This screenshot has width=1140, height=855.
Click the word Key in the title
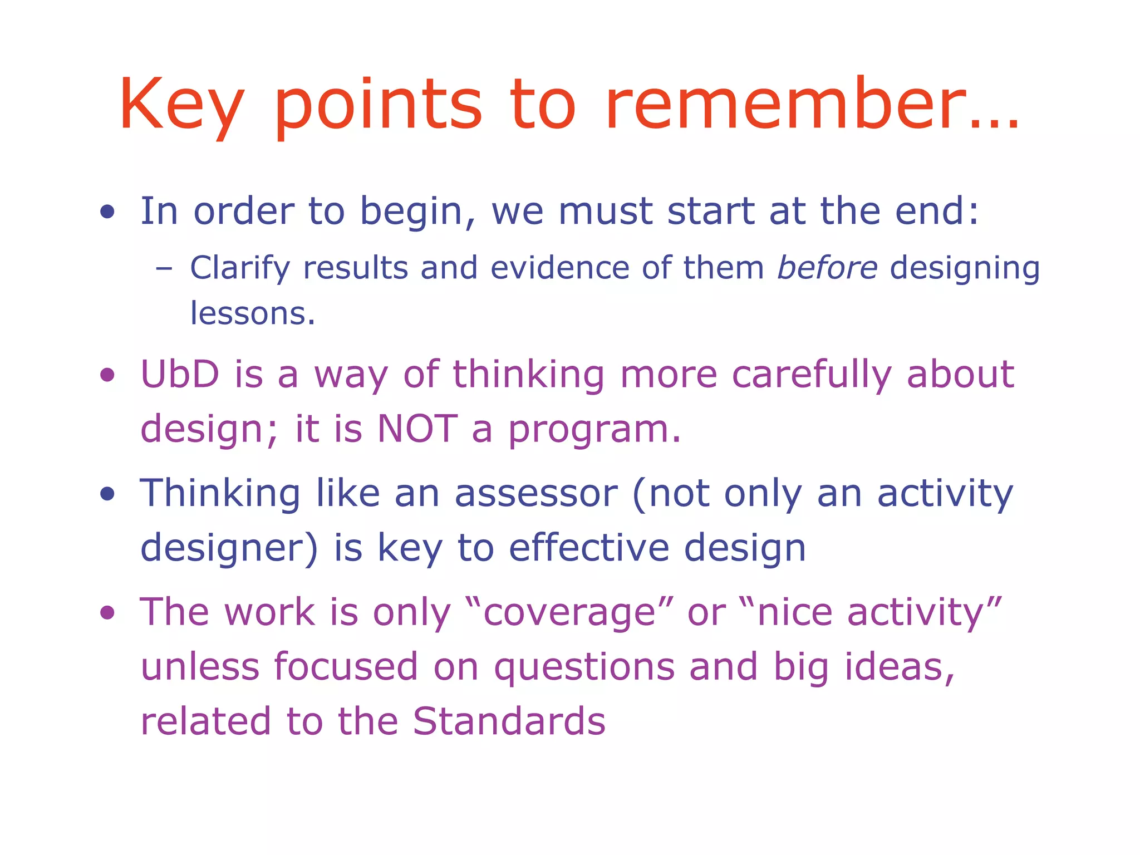coord(181,106)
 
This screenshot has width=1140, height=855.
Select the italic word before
coord(827,268)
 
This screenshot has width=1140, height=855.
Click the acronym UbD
coord(180,374)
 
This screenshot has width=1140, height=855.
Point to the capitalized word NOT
coord(417,429)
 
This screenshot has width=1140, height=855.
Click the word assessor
coord(536,493)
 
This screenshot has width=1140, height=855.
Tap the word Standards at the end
coord(509,721)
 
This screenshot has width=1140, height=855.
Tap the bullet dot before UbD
coord(107,375)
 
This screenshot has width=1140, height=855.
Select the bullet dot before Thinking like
coord(107,494)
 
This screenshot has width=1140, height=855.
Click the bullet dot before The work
coord(107,613)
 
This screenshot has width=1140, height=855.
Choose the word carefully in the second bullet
coord(812,375)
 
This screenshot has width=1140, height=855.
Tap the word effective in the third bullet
coord(589,548)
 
